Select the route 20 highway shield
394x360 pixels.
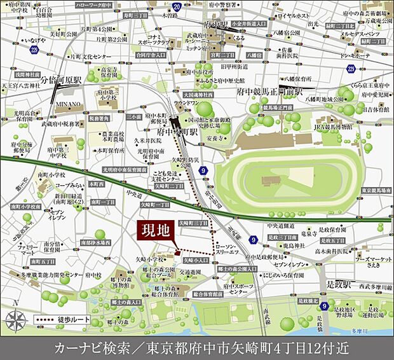[177, 7]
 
